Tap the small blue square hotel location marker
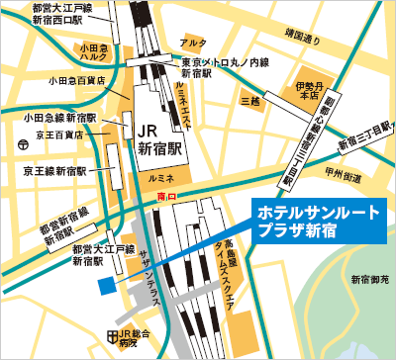click(x=106, y=286)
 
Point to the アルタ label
click(x=193, y=43)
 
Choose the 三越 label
click(x=251, y=101)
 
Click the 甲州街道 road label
click(x=358, y=174)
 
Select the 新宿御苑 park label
click(x=368, y=282)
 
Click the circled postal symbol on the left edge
click(x=22, y=144)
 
